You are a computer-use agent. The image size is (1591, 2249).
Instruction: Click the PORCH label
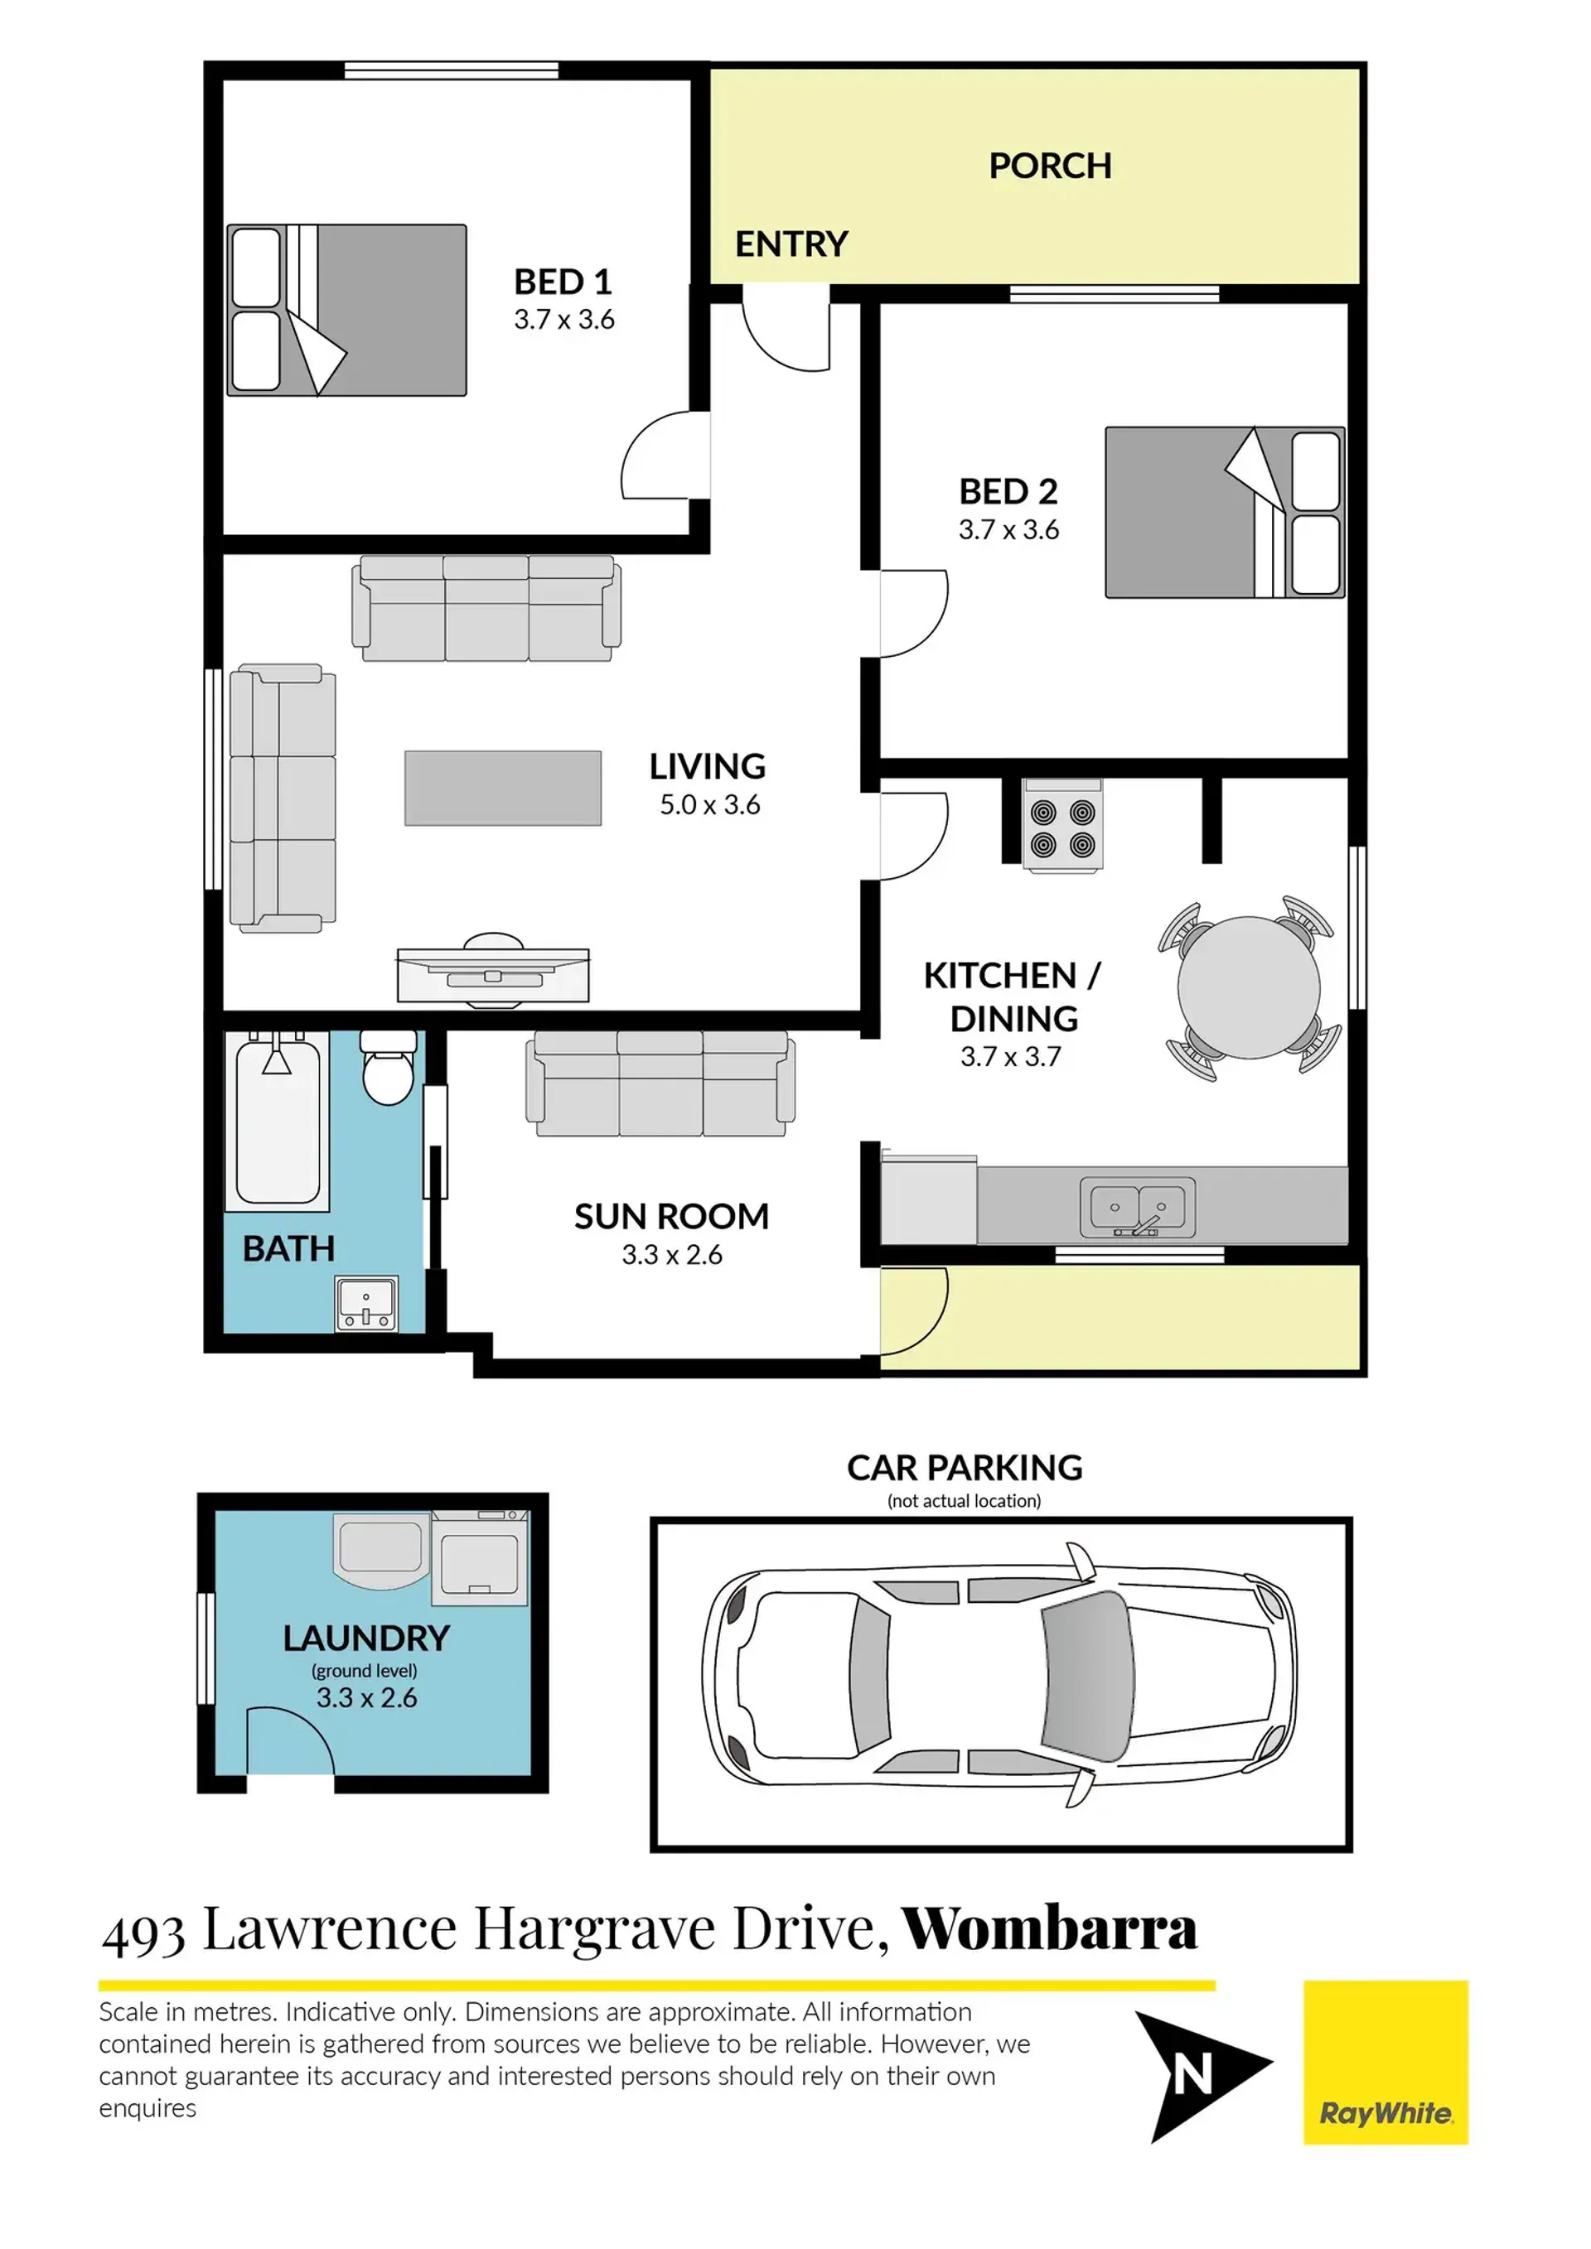(1050, 166)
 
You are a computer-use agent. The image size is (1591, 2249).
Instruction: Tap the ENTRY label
(791, 244)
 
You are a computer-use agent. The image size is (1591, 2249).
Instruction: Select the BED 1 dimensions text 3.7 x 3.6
(564, 319)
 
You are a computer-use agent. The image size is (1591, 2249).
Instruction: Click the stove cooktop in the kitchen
(1063, 825)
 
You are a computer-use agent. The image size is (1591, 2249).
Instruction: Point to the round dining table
(1249, 987)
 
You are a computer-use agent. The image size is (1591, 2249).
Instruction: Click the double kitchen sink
(1139, 1207)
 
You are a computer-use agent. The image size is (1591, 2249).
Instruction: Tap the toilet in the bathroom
(388, 1067)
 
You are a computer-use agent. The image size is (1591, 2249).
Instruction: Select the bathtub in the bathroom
(278, 1121)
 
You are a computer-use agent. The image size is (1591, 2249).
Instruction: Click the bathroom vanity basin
(366, 1303)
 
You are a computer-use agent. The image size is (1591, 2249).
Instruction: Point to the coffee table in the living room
(504, 789)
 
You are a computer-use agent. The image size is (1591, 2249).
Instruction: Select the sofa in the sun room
(660, 1083)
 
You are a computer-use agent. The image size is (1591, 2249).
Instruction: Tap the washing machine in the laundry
(480, 1557)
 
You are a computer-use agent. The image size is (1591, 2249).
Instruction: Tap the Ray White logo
(1385, 2063)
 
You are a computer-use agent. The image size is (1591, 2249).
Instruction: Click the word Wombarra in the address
(1049, 1928)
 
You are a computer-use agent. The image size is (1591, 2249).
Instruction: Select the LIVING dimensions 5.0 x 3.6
(710, 805)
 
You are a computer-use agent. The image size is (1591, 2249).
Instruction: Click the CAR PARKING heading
(965, 1467)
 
